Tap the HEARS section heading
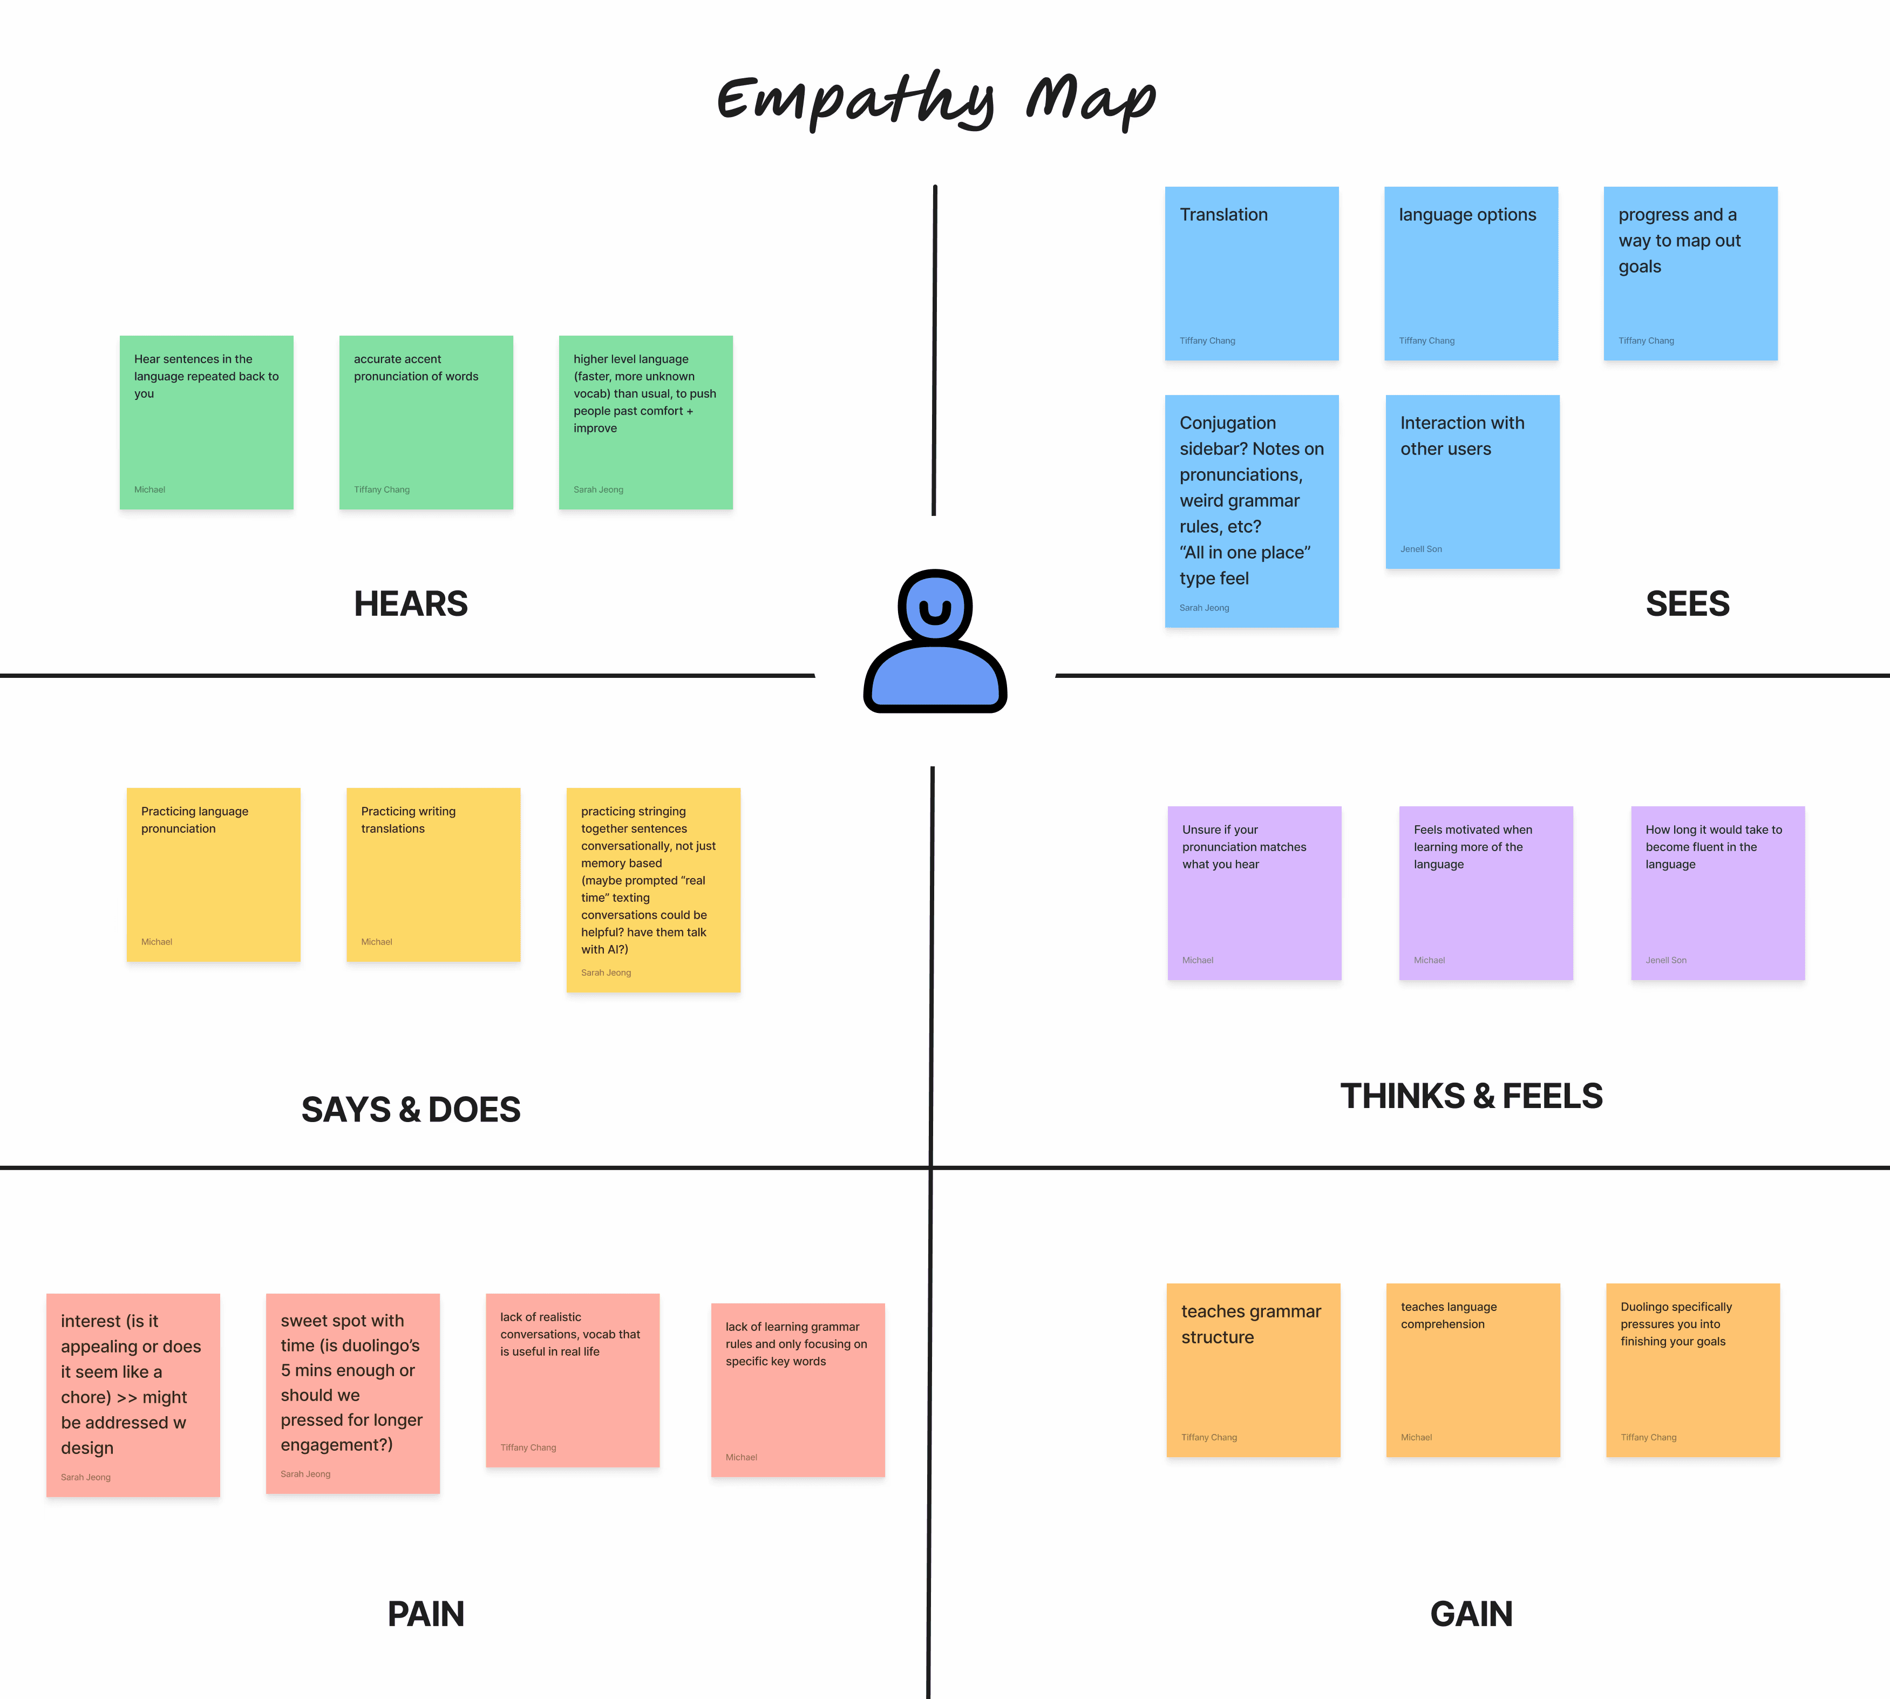[x=411, y=604]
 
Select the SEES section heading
[x=1687, y=604]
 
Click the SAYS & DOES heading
[x=411, y=1109]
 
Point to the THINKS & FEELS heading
[x=1471, y=1096]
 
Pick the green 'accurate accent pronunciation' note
[x=426, y=422]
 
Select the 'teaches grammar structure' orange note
[x=1253, y=1369]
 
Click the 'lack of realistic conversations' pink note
[x=572, y=1379]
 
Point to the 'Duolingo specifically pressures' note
[x=1692, y=1369]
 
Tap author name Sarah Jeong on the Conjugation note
[x=1204, y=608]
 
